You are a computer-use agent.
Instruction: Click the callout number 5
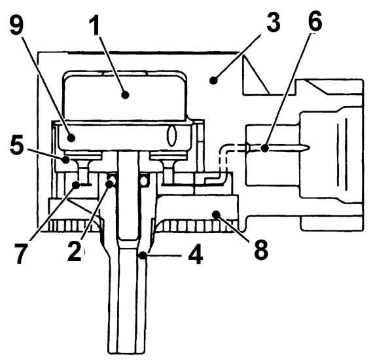(18, 145)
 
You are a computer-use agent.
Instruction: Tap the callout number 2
(75, 250)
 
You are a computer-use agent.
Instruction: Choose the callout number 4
(196, 254)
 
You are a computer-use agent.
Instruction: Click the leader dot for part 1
(125, 95)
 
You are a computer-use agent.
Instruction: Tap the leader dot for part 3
(213, 80)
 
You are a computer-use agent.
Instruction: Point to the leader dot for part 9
(71, 137)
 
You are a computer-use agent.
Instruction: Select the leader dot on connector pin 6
(264, 149)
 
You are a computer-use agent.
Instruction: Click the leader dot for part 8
(217, 213)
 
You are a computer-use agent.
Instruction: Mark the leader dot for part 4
(143, 256)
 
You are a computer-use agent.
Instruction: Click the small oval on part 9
(171, 135)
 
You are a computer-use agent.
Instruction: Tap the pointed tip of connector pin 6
(310, 147)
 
